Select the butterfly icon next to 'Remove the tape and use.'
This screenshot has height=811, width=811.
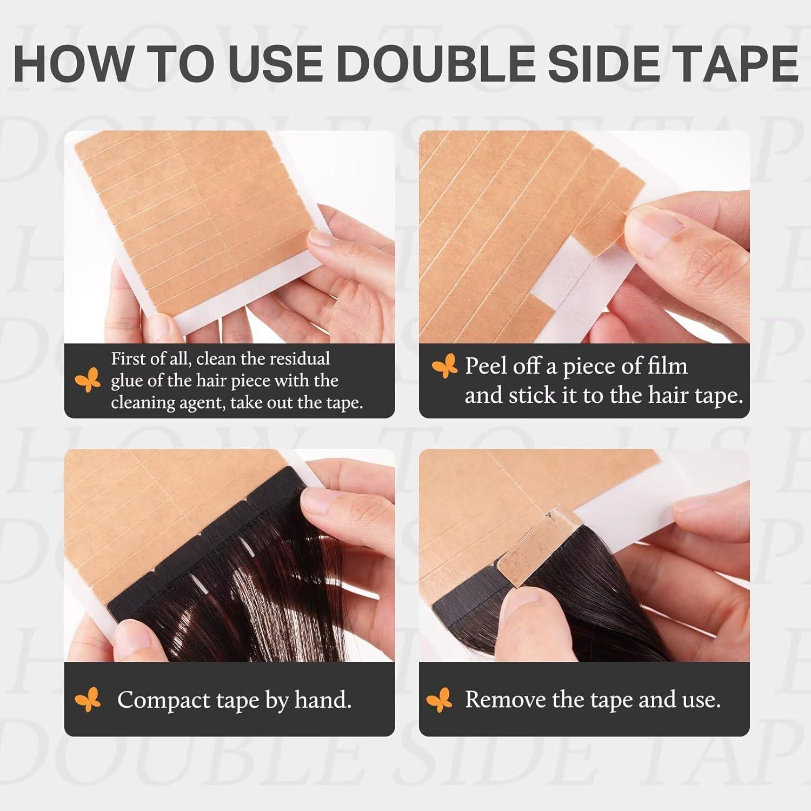(x=440, y=700)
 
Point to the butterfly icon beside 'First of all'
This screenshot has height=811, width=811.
(x=88, y=380)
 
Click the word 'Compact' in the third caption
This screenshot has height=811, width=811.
(x=164, y=700)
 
